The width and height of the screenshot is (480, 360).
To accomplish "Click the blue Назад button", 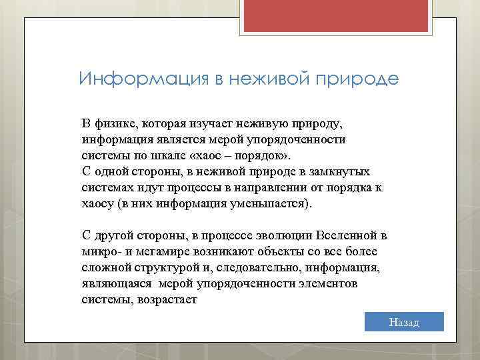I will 405,322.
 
